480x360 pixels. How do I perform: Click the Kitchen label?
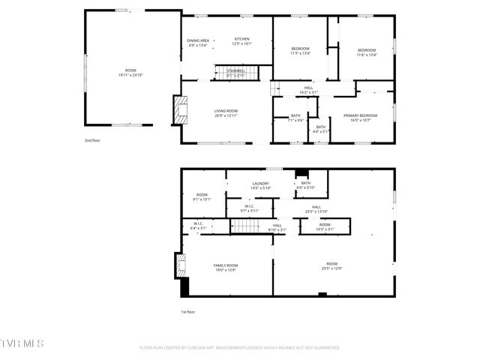click(x=242, y=40)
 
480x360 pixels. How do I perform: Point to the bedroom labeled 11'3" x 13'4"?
click(x=300, y=50)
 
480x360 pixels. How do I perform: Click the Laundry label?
click(x=261, y=185)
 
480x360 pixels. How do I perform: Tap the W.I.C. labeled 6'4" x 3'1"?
click(x=198, y=225)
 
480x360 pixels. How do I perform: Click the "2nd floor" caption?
click(x=93, y=140)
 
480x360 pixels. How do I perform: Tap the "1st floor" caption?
click(x=187, y=311)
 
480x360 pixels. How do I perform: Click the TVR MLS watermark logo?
click(x=22, y=343)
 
